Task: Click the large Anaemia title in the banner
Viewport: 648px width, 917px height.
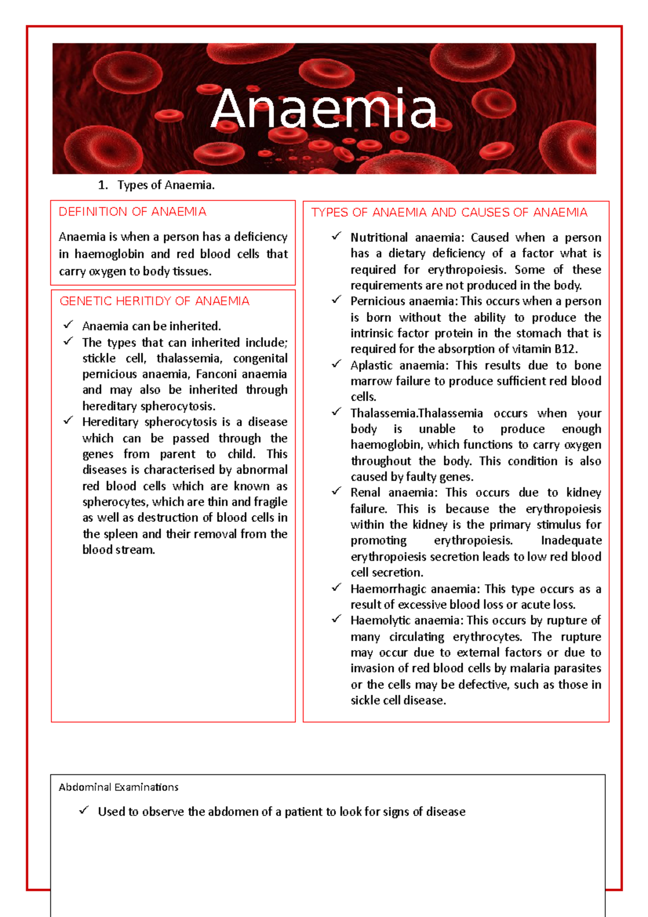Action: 324,110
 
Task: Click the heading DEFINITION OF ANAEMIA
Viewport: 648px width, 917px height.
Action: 132,212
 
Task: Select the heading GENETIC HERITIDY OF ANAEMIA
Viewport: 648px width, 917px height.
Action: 154,301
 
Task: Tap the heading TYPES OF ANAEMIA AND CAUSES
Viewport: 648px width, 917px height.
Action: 449,213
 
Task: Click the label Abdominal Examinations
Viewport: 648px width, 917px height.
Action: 118,787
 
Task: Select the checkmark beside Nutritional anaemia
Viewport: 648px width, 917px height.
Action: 336,236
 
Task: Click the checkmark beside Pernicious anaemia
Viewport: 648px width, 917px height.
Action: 336,300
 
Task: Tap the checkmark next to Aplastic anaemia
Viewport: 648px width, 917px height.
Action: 336,364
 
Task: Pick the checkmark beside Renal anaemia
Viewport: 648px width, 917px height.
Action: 336,491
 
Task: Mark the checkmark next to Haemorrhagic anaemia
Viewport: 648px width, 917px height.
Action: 336,587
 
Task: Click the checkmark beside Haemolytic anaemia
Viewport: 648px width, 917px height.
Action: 336,619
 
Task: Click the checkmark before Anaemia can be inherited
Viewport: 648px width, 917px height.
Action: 68,325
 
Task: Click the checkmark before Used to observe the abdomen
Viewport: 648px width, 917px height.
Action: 84,810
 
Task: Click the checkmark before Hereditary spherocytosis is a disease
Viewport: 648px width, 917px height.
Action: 68,421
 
